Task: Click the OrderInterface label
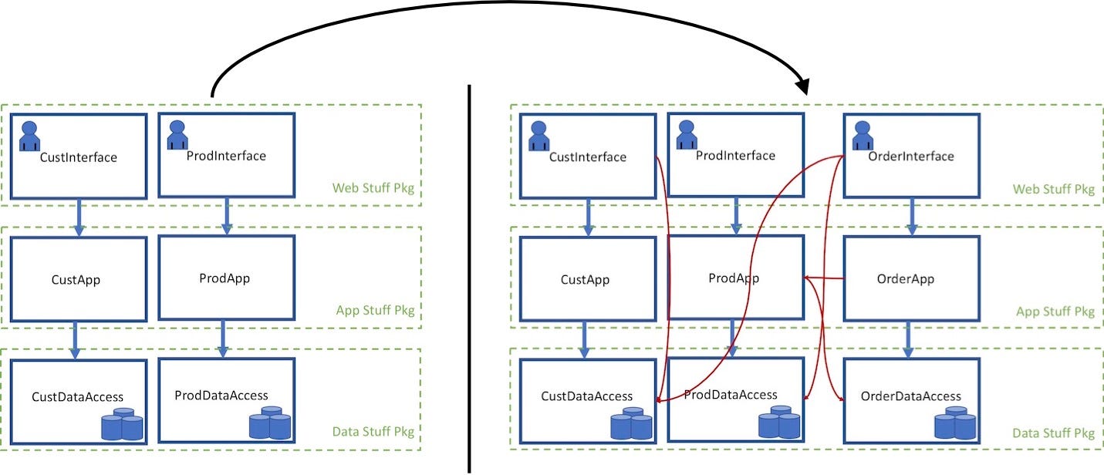911,157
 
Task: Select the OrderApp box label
905,279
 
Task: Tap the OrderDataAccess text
911,396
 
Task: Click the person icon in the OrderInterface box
862,136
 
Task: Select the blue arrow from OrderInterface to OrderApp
911,217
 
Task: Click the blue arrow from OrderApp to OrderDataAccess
906,339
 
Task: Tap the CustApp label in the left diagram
76,280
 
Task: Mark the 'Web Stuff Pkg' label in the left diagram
373,188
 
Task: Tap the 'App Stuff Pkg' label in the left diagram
375,311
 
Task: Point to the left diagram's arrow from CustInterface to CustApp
78,217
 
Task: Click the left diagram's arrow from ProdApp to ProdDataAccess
224,339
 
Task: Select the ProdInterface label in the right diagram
735,156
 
